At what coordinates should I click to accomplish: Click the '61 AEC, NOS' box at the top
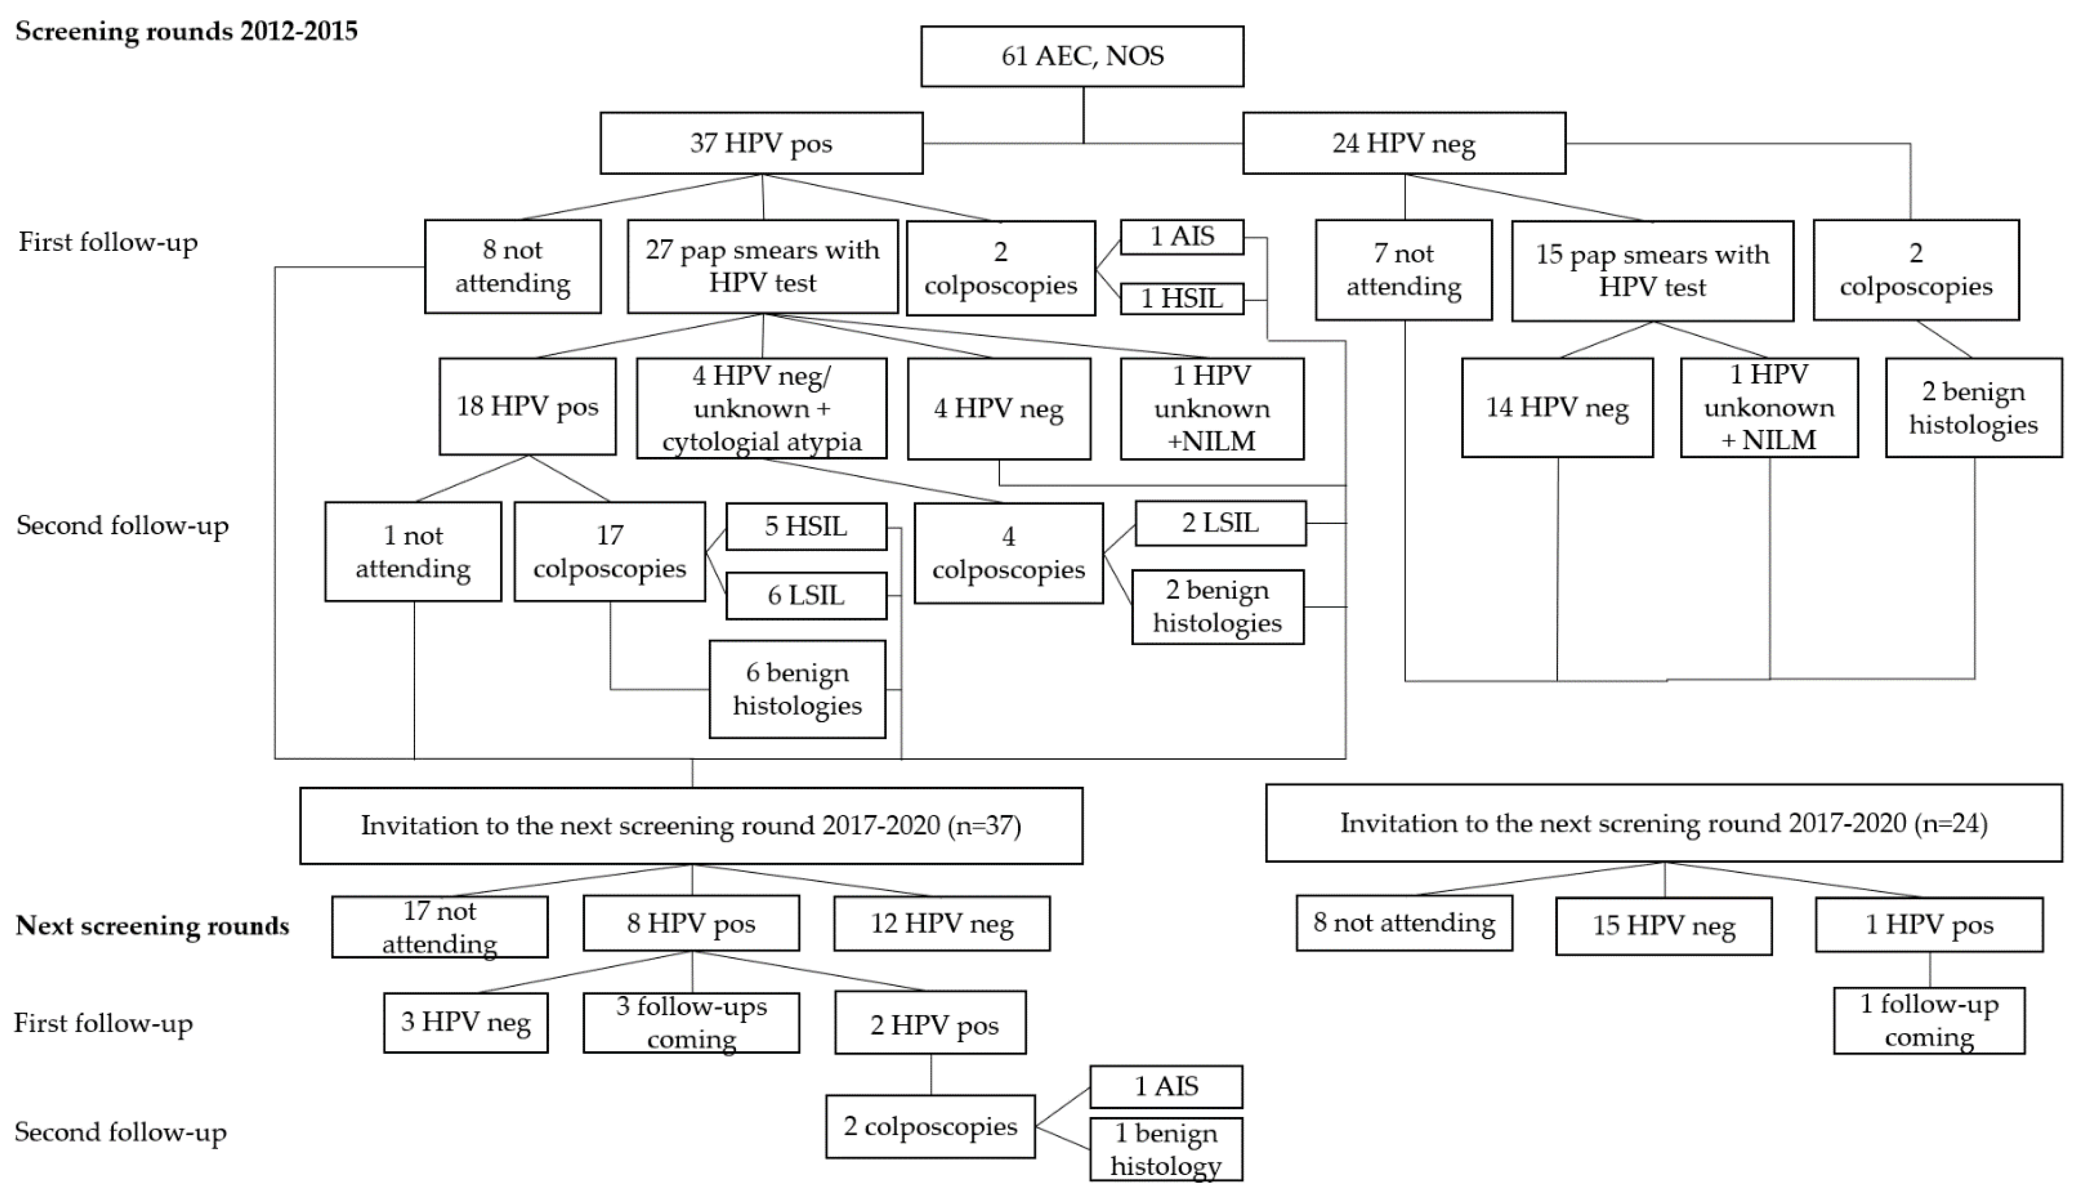[1082, 56]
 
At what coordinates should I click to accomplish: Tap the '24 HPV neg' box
[1403, 143]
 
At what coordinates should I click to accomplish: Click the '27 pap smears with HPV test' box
[762, 266]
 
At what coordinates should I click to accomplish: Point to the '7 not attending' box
[1403, 270]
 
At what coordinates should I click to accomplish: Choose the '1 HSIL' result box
[1181, 298]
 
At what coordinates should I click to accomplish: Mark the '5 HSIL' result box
[806, 526]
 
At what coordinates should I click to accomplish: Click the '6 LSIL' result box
[806, 595]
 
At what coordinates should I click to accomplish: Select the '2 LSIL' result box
[1219, 523]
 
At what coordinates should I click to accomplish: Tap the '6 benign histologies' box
[797, 689]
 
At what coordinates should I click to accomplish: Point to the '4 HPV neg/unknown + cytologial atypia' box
[761, 408]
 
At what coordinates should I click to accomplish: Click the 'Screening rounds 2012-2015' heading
[187, 31]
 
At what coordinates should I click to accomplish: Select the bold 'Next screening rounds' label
[152, 925]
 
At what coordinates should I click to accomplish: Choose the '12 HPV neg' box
[942, 923]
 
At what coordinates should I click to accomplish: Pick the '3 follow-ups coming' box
[691, 1023]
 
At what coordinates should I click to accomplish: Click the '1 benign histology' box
[1166, 1150]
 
